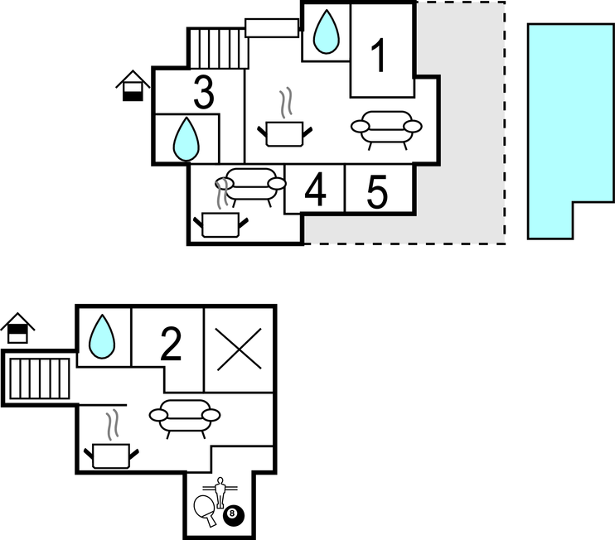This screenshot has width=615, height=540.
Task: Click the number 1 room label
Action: click(379, 56)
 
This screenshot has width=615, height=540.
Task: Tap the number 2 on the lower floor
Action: click(170, 345)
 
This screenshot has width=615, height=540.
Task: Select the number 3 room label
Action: click(203, 92)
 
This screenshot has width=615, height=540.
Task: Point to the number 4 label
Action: click(315, 191)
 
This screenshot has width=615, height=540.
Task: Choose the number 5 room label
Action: click(377, 191)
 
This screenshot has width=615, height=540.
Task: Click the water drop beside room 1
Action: click(327, 33)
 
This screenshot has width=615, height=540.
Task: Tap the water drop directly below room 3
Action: click(186, 138)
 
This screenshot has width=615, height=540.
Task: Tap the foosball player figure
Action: click(220, 492)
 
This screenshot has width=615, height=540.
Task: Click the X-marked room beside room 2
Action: click(239, 349)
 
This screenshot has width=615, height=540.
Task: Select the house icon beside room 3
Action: click(133, 85)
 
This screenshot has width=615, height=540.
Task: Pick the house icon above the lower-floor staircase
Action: click(17, 329)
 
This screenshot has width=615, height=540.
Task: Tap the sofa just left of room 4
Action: click(250, 186)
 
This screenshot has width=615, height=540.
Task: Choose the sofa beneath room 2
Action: click(185, 417)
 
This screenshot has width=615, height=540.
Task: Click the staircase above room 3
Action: click(217, 49)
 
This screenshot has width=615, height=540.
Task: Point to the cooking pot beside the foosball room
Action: click(111, 451)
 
